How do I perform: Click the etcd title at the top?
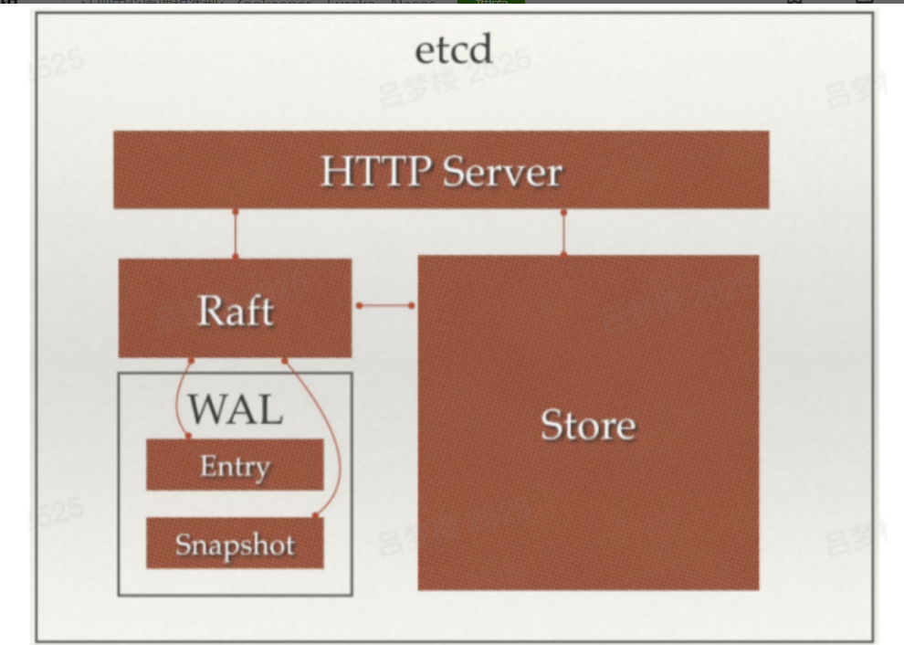453,49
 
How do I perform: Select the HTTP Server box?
440,170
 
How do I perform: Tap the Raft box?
235,308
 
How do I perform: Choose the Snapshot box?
235,544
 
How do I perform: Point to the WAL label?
235,408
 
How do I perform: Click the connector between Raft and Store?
384,305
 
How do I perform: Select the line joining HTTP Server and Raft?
235,234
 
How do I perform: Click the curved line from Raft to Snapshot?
329,439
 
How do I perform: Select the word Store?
588,425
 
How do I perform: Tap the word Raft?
235,312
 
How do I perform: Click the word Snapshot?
235,545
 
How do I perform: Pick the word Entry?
235,466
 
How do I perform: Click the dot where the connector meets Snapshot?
316,516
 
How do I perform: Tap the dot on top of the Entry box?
188,437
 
